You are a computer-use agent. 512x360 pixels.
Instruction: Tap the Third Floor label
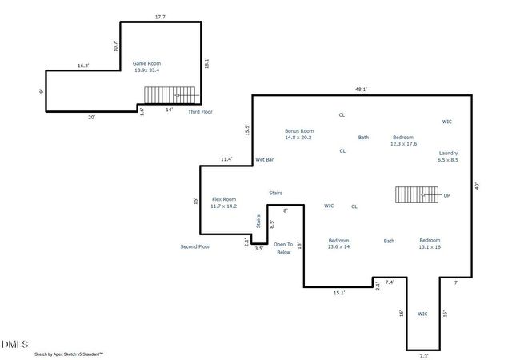pyautogui.click(x=201, y=112)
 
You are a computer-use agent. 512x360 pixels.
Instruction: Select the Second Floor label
pyautogui.click(x=194, y=246)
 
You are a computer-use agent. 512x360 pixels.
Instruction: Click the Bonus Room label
pyautogui.click(x=298, y=130)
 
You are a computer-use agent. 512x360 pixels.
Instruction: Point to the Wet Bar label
pyautogui.click(x=265, y=160)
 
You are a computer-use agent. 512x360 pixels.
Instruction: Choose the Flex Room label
pyautogui.click(x=223, y=198)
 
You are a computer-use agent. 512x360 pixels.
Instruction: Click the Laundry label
pyautogui.click(x=448, y=153)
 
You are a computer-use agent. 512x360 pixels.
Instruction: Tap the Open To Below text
pyautogui.click(x=283, y=248)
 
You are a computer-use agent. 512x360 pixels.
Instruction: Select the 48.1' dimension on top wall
pyautogui.click(x=362, y=90)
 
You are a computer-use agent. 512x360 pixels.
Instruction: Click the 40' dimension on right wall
pyautogui.click(x=477, y=186)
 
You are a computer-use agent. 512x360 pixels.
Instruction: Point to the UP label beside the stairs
pyautogui.click(x=446, y=195)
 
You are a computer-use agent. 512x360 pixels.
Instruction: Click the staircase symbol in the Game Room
pyautogui.click(x=170, y=94)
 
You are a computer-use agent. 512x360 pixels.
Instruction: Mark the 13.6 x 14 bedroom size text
pyautogui.click(x=339, y=247)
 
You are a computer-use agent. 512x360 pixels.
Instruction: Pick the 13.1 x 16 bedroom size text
pyautogui.click(x=430, y=247)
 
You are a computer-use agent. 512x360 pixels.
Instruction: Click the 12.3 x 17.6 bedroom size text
pyautogui.click(x=404, y=144)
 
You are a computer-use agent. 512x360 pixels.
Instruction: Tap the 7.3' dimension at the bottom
pyautogui.click(x=423, y=356)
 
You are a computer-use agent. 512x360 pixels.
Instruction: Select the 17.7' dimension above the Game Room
pyautogui.click(x=161, y=16)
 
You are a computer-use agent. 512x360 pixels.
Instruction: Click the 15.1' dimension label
pyautogui.click(x=338, y=293)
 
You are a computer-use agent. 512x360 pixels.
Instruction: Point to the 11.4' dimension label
pyautogui.click(x=226, y=159)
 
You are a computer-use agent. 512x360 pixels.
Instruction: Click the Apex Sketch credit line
pyautogui.click(x=67, y=353)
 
